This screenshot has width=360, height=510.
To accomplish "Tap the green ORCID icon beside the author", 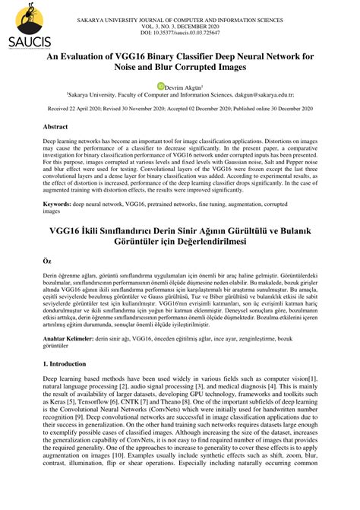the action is tap(160, 87).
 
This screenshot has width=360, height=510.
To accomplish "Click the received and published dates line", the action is tap(181, 109).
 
